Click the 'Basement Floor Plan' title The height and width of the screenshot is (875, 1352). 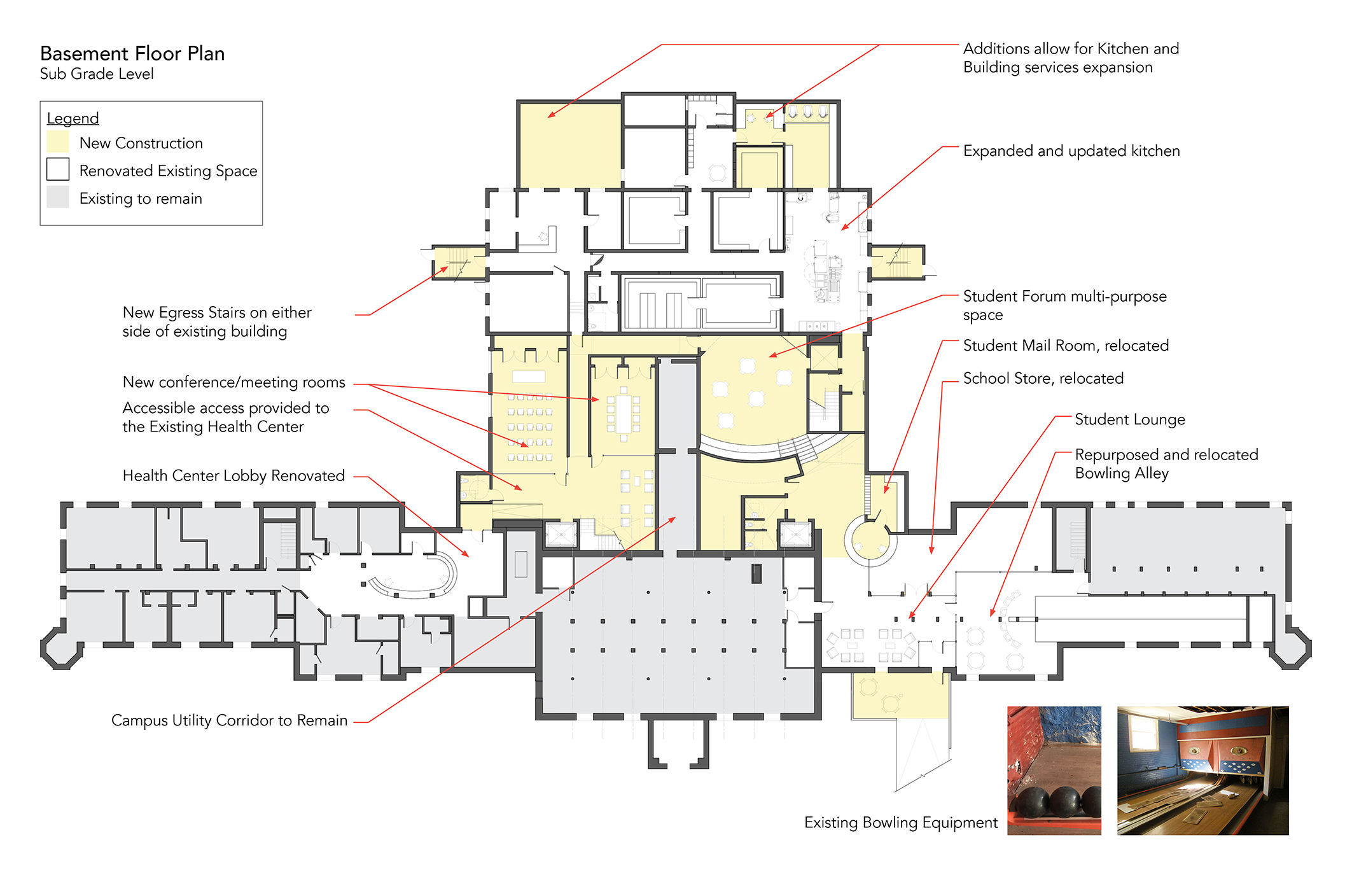(x=132, y=53)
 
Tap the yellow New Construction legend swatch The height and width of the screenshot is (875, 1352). (x=58, y=142)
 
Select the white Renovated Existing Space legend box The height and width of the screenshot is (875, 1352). (x=58, y=169)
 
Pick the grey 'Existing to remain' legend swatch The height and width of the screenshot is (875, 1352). (x=58, y=197)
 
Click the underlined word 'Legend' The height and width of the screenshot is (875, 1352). (x=73, y=118)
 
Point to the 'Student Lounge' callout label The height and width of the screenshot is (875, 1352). (x=1130, y=419)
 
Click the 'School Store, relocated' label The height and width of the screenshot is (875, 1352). (x=1043, y=379)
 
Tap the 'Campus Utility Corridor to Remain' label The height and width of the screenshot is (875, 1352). (x=230, y=720)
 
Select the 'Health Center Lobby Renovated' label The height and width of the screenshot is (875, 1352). (x=233, y=475)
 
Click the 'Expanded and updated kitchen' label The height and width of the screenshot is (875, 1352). (x=1071, y=151)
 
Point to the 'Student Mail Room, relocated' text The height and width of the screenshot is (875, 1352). (x=1066, y=346)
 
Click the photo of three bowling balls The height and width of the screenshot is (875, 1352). (x=1054, y=770)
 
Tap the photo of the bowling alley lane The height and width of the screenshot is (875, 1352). (x=1203, y=770)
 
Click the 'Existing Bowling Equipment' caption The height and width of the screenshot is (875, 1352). (x=901, y=823)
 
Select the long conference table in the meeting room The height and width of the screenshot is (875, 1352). (x=624, y=413)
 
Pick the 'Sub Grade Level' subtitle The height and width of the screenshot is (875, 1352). (x=97, y=74)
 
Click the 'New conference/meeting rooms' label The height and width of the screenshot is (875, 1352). (x=234, y=382)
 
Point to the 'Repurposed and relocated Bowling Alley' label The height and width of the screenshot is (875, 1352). (x=1166, y=464)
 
